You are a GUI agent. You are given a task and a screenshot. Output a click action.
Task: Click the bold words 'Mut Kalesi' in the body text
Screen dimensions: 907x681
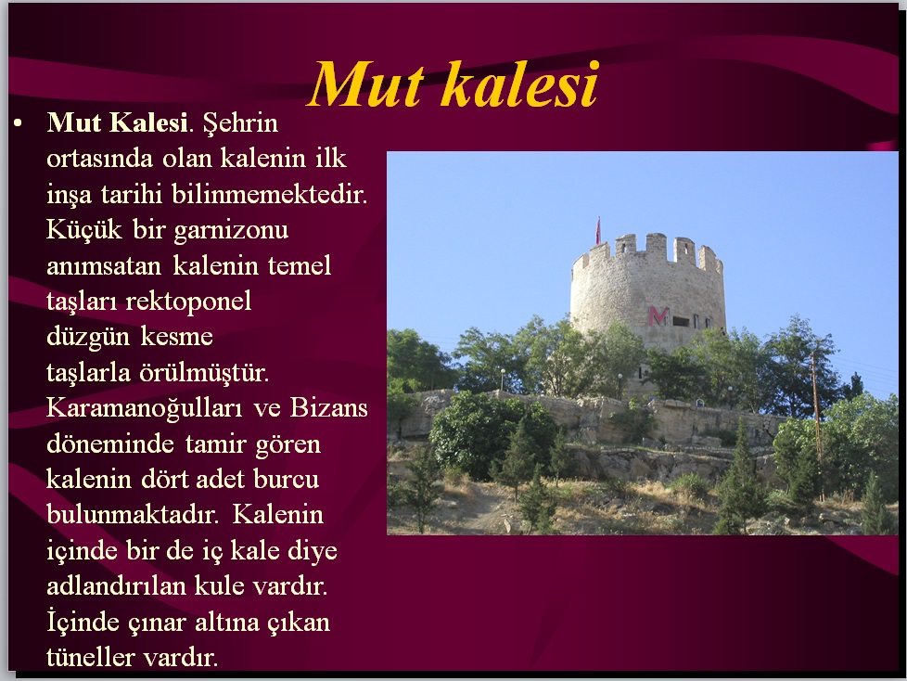click(118, 122)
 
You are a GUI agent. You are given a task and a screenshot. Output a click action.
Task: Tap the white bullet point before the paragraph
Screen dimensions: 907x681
click(18, 123)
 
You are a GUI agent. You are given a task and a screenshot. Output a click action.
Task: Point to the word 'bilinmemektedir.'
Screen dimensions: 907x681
click(270, 195)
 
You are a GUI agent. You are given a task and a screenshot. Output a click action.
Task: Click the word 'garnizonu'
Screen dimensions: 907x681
click(231, 231)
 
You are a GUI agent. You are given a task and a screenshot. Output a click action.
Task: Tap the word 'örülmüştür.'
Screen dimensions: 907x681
click(204, 373)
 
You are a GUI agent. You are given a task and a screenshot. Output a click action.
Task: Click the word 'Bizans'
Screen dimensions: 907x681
click(328, 408)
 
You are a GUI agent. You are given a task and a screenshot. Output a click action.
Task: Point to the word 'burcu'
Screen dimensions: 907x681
click(287, 480)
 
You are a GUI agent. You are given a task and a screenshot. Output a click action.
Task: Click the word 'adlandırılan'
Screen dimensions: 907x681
click(116, 586)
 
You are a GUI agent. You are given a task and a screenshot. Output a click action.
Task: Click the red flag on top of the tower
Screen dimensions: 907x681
click(598, 231)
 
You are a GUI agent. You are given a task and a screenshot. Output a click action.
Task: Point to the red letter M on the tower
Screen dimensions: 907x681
click(658, 315)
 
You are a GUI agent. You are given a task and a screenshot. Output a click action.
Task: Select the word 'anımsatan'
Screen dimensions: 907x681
click(104, 266)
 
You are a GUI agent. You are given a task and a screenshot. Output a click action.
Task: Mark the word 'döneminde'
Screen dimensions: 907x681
click(110, 444)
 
